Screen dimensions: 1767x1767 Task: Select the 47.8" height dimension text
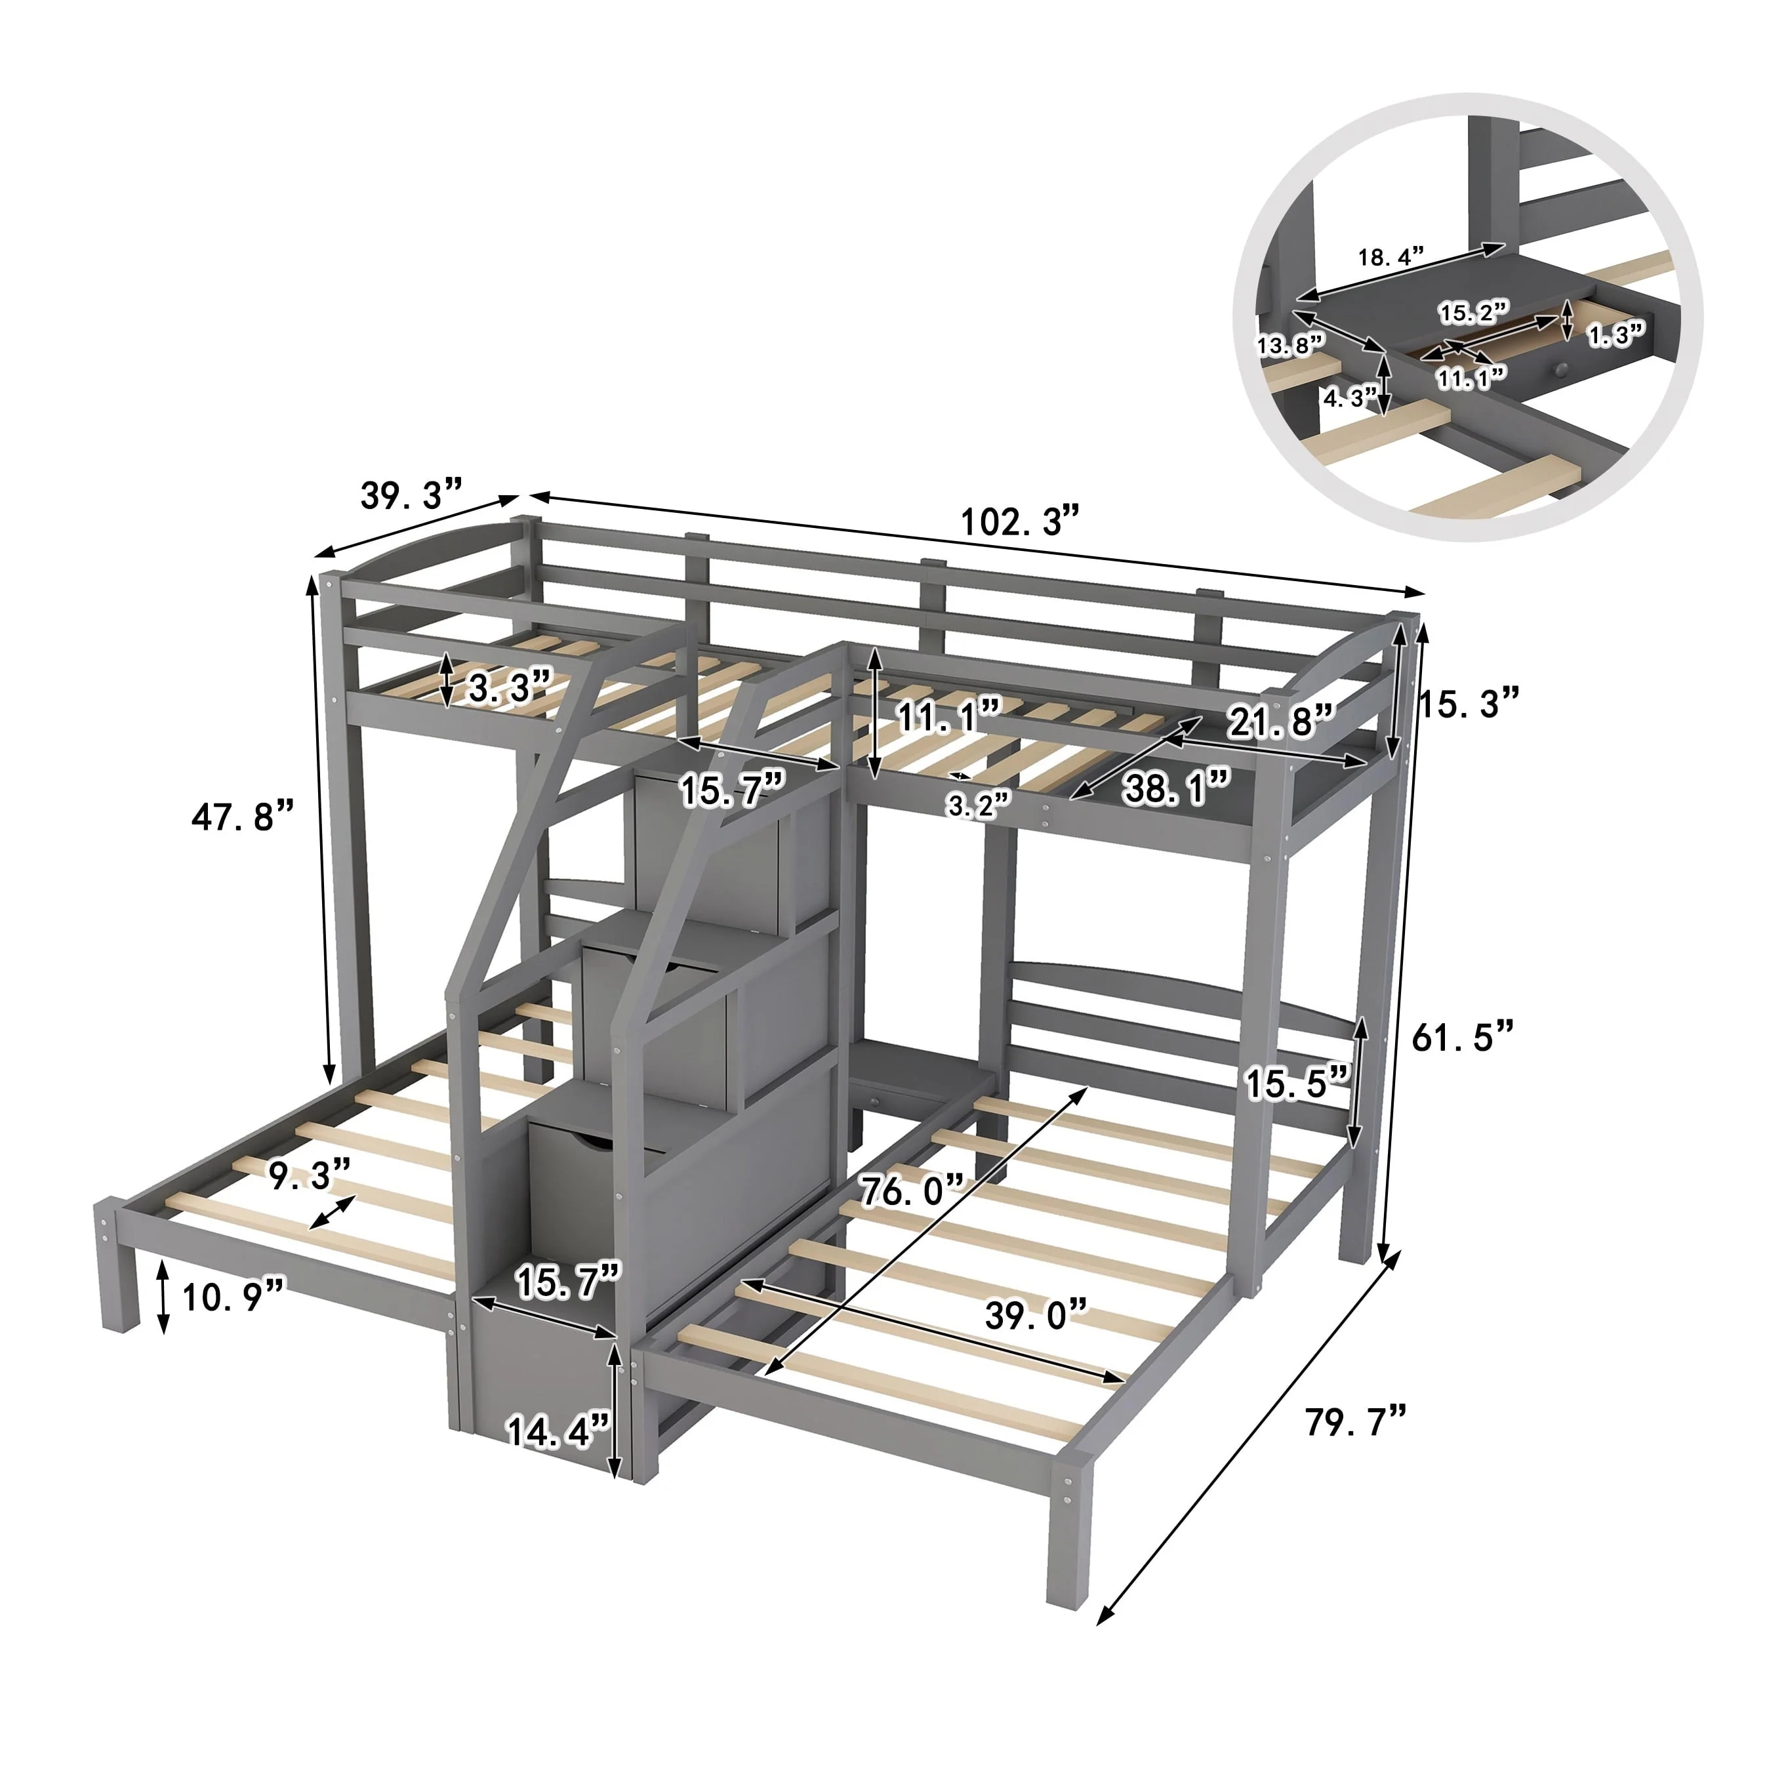click(x=243, y=816)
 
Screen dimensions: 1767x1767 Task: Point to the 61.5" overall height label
click(x=1463, y=1037)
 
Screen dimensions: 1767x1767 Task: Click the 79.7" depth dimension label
click(x=1356, y=1421)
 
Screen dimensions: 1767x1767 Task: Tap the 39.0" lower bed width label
click(x=1036, y=1315)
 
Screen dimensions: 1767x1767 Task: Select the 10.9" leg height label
click(x=234, y=1297)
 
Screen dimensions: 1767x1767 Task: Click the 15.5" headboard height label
click(x=1298, y=1084)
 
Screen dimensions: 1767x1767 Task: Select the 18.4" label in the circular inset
click(x=1391, y=258)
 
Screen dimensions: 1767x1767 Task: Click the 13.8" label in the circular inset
click(x=1290, y=346)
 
